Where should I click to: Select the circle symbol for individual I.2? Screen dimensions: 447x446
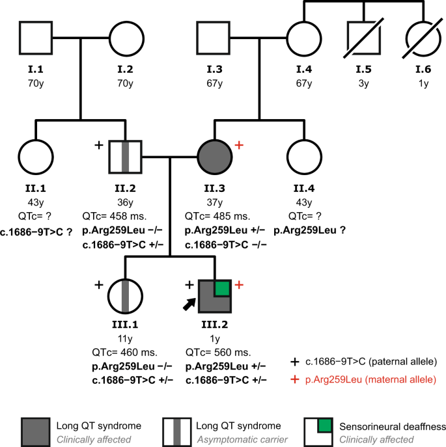click(124, 38)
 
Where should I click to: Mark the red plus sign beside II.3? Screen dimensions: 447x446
click(238, 145)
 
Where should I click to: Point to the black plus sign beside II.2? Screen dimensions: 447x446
click(99, 145)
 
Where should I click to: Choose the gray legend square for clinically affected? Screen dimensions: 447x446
click(36, 431)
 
